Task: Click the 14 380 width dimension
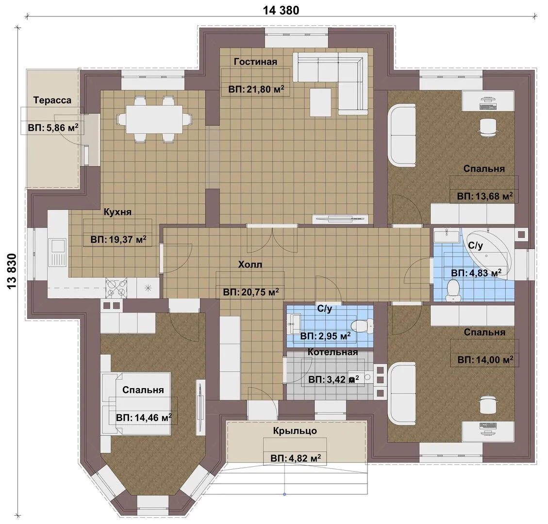pos(281,11)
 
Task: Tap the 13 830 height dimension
pos(11,271)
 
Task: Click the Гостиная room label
pos(255,62)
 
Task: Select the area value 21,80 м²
pos(256,89)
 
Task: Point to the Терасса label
pos(52,100)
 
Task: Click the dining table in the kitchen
pos(154,119)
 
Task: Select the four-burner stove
pos(116,288)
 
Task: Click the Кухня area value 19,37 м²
pos(118,240)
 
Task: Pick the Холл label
pos(250,264)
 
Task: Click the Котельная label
pos(332,352)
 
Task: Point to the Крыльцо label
pos(295,430)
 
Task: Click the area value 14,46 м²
pos(144,417)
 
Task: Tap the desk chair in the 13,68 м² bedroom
pos(487,127)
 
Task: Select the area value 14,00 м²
pos(485,360)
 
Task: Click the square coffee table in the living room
pos(320,102)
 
